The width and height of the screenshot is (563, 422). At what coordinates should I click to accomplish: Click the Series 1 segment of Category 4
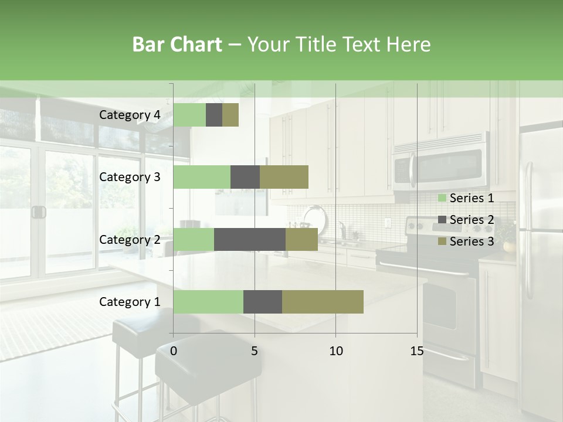[x=189, y=115]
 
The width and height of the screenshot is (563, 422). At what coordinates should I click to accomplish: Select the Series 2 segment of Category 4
[x=214, y=115]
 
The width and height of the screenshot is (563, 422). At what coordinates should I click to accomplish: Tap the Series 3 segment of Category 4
[x=230, y=115]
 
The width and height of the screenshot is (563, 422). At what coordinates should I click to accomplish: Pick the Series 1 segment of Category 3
[x=202, y=177]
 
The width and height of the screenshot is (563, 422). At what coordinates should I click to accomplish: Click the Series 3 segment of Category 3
[x=284, y=177]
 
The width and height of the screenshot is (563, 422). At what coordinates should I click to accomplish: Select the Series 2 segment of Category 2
[x=250, y=239]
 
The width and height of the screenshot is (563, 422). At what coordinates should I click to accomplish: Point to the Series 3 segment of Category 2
[x=301, y=239]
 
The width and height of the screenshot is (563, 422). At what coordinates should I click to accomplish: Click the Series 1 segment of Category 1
[x=208, y=302]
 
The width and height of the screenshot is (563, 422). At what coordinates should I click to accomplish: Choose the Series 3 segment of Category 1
[x=323, y=302]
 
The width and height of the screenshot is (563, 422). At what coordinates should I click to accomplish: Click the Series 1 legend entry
[x=466, y=198]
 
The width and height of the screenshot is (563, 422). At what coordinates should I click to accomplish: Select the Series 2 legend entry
[x=466, y=220]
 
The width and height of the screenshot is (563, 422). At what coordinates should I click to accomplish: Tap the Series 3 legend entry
[x=466, y=241]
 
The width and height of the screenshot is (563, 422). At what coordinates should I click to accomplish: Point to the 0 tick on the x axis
[x=174, y=351]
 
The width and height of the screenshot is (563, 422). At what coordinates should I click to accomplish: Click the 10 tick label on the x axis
[x=335, y=351]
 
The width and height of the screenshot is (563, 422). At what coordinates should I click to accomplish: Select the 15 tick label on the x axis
[x=416, y=351]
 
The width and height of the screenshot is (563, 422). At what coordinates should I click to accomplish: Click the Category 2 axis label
[x=130, y=239]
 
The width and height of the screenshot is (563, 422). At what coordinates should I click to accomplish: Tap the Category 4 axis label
[x=130, y=115]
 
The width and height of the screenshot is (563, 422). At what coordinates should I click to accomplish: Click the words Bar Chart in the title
[x=177, y=45]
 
